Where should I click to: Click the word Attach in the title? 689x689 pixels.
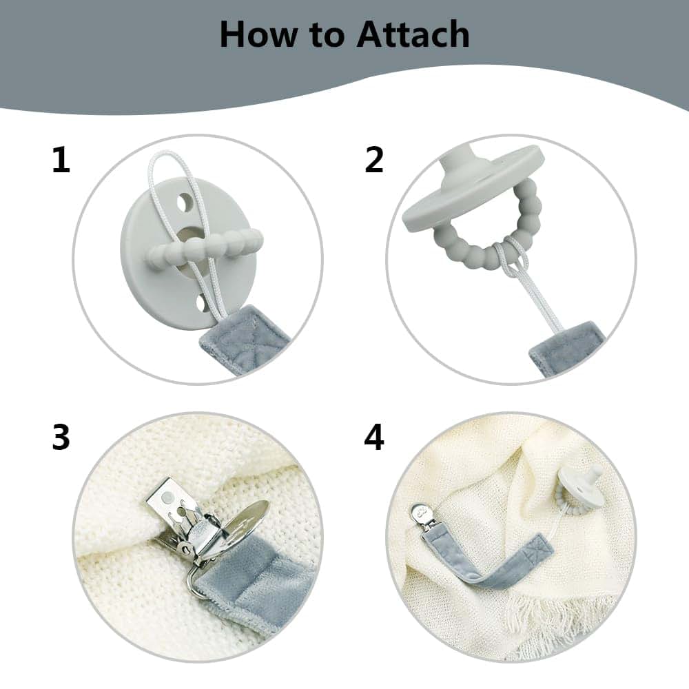pos(413,34)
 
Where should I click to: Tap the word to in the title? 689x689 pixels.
pos(327,36)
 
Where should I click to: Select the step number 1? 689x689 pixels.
pos(61,160)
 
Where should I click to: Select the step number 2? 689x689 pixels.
pos(374,160)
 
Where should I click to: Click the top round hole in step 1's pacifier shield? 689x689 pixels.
pos(185,202)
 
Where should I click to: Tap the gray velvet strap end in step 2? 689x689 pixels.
pos(567,347)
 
